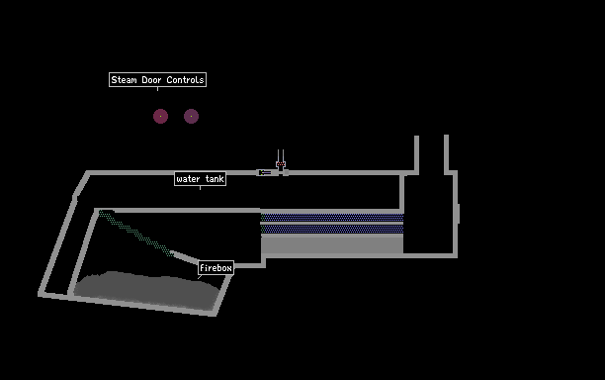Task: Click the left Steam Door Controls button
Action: click(160, 116)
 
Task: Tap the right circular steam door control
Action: click(191, 116)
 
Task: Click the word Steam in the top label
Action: click(124, 80)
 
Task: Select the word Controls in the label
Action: click(185, 80)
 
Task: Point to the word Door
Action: click(151, 80)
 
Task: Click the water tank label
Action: click(200, 179)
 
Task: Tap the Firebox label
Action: click(216, 268)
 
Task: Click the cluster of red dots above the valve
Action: click(281, 164)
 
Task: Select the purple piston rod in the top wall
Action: click(266, 172)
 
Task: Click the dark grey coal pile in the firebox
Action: click(146, 289)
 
